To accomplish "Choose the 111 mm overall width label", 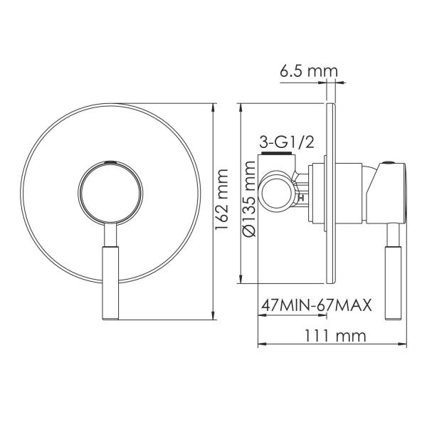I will pyautogui.click(x=334, y=334).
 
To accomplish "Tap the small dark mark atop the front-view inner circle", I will pyautogui.click(x=110, y=163).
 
